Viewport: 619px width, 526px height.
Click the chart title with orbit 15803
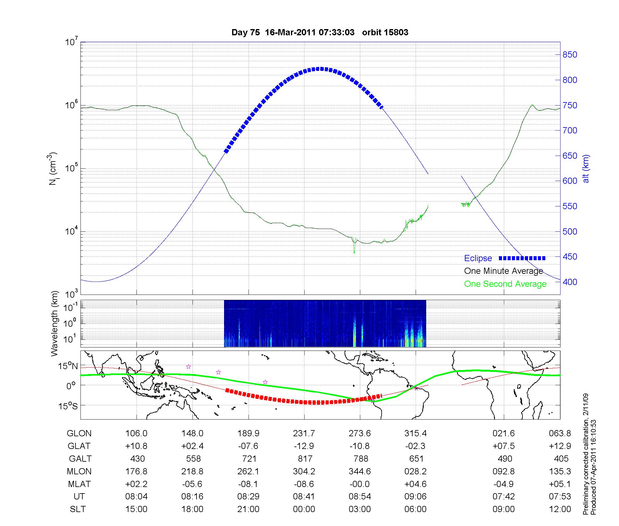pos(320,32)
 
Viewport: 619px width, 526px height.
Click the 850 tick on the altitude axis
pos(570,55)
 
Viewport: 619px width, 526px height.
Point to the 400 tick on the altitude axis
pos(570,282)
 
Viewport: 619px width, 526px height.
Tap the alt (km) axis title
pos(586,169)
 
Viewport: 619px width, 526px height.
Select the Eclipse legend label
pos(478,258)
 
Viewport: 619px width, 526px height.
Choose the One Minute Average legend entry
pos(504,271)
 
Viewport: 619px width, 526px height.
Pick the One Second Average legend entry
pos(505,284)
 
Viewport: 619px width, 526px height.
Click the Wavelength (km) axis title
pos(55,323)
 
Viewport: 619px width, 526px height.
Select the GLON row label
pos(79,433)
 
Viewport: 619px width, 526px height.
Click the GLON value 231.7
pos(304,433)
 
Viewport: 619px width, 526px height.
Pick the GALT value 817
pos(305,459)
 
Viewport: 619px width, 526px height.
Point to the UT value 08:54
pos(360,497)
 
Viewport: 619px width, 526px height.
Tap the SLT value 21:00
pos(248,509)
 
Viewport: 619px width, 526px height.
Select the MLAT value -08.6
pos(304,484)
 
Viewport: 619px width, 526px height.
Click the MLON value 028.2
pos(415,471)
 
